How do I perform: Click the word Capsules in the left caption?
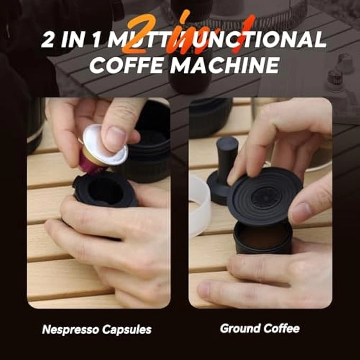point(127,329)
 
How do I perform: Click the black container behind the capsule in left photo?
point(148,143)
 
